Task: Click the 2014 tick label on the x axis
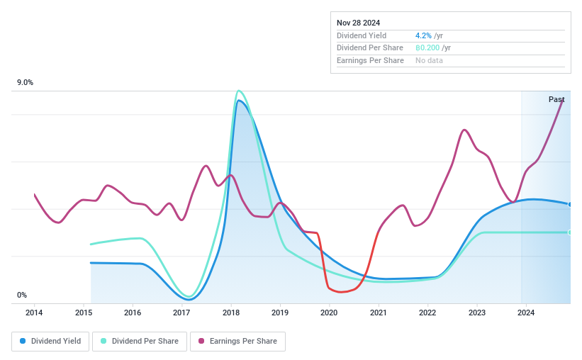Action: pyautogui.click(x=34, y=313)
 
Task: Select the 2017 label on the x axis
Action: pyautogui.click(x=181, y=313)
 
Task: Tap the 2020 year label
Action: pyautogui.click(x=329, y=313)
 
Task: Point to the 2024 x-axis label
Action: pyautogui.click(x=525, y=313)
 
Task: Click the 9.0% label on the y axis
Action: pyautogui.click(x=26, y=83)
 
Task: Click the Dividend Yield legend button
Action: pyautogui.click(x=50, y=341)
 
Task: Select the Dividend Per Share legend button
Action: pyautogui.click(x=140, y=341)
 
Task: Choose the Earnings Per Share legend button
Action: pyautogui.click(x=237, y=341)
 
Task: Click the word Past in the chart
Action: pyautogui.click(x=556, y=99)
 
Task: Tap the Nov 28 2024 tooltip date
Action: pyautogui.click(x=359, y=23)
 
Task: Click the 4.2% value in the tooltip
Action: pyautogui.click(x=424, y=35)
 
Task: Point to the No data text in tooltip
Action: pyautogui.click(x=430, y=61)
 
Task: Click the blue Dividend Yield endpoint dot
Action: pyautogui.click(x=570, y=204)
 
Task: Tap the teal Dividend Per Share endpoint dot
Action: pyautogui.click(x=570, y=232)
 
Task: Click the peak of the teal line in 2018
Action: pyautogui.click(x=239, y=91)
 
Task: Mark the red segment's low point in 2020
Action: pyautogui.click(x=341, y=291)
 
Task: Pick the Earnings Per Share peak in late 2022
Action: pyautogui.click(x=464, y=130)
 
